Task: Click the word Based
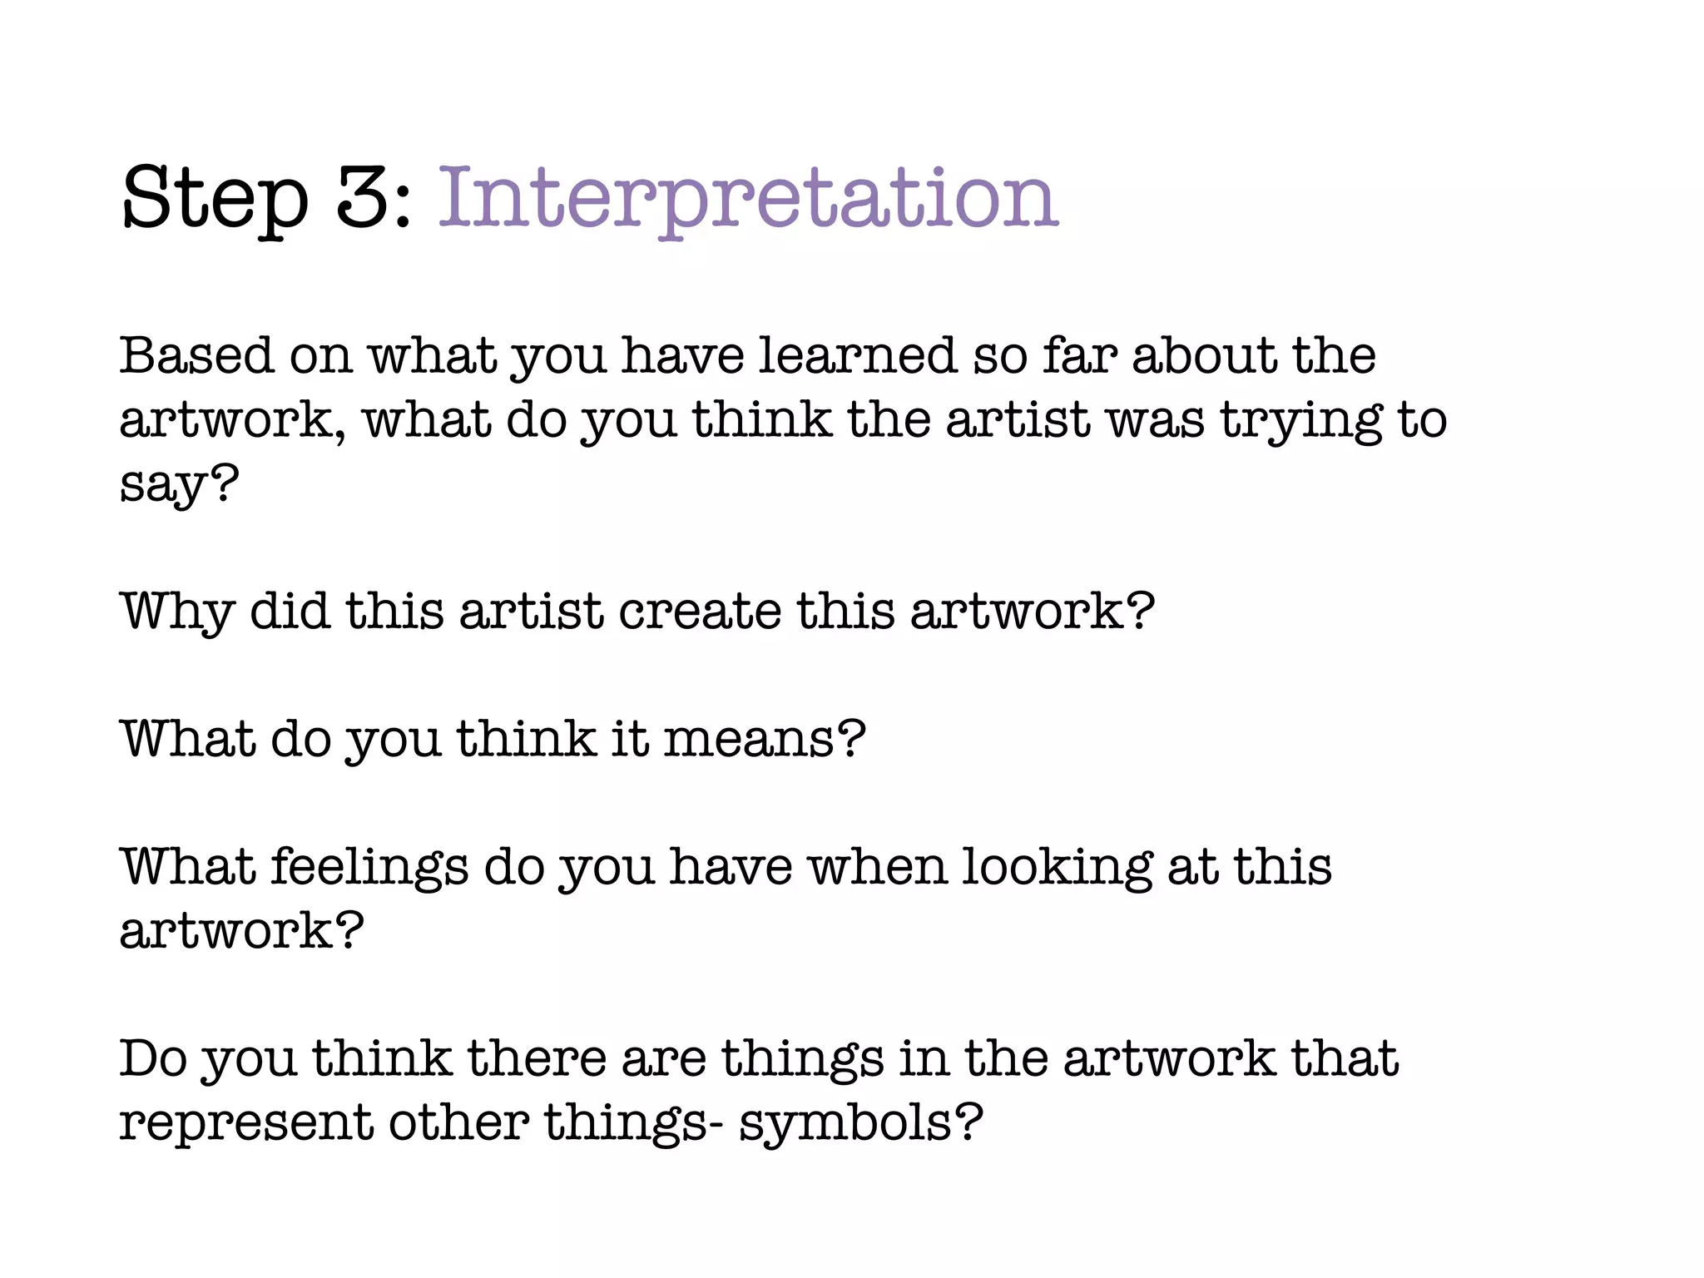tap(196, 356)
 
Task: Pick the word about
tap(1203, 356)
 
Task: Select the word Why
tap(177, 613)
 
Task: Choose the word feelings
tap(369, 869)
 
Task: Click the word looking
tap(1057, 869)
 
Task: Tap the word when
tap(878, 867)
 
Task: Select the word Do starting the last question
tap(153, 1059)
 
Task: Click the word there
tap(537, 1059)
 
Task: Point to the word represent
tap(246, 1124)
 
